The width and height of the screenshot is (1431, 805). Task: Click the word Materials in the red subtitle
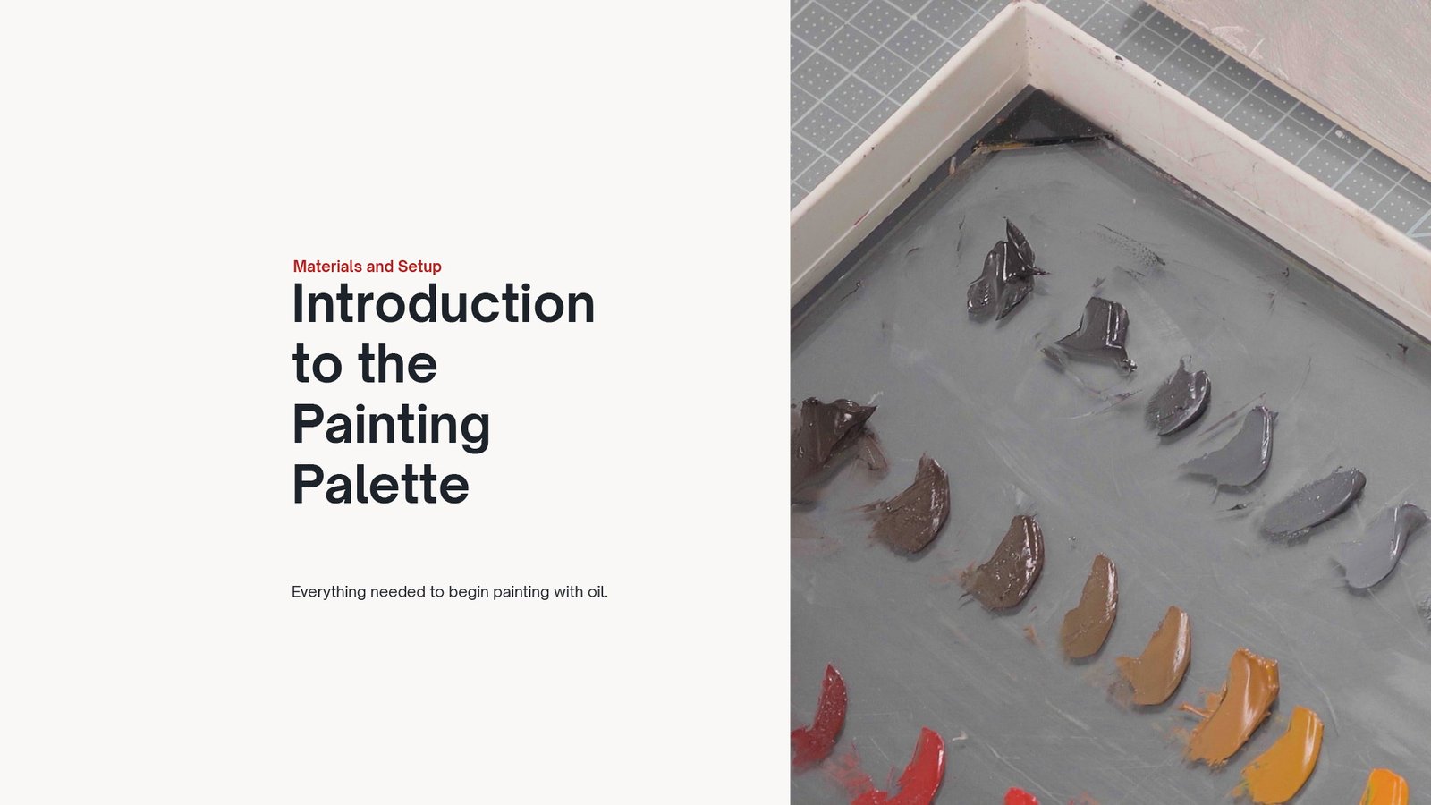click(x=327, y=267)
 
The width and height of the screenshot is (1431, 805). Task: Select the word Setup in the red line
click(x=419, y=267)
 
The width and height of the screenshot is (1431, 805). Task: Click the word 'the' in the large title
click(x=397, y=363)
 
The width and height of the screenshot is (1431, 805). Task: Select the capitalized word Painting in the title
click(x=391, y=426)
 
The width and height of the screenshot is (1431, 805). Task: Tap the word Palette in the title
click(x=381, y=483)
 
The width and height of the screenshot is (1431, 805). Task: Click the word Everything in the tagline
click(x=329, y=592)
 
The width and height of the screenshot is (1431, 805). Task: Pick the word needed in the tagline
click(x=398, y=591)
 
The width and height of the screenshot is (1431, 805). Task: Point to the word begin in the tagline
click(x=469, y=593)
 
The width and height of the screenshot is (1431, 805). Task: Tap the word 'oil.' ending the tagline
click(x=597, y=591)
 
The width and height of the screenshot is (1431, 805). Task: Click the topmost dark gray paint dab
click(x=1004, y=272)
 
